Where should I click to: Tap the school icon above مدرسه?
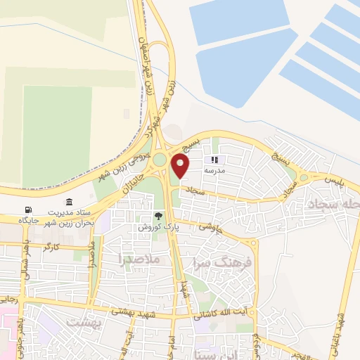(x=214, y=160)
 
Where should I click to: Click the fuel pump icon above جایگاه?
(x=28, y=210)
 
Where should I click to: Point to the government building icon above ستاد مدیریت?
(x=69, y=202)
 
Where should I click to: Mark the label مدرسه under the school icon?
(x=214, y=171)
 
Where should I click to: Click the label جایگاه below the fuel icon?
(x=30, y=221)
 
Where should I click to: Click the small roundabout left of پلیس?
(x=304, y=179)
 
